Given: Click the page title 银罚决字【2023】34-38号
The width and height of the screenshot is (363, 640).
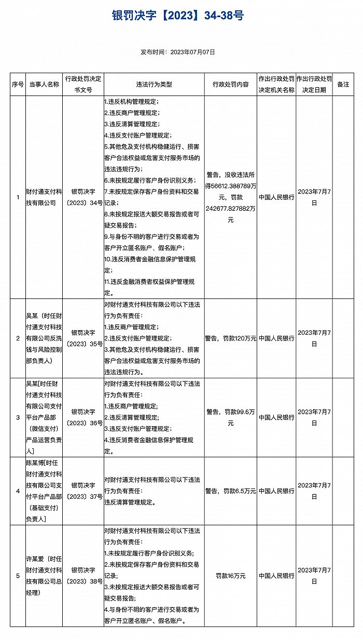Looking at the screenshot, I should (x=178, y=16).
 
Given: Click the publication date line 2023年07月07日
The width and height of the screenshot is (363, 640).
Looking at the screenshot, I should (x=178, y=52).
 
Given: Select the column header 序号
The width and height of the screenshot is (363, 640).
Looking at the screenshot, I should (x=18, y=85).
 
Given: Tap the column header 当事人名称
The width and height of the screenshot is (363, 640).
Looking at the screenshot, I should (x=44, y=85).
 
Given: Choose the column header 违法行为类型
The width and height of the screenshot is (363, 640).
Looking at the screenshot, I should (x=154, y=85).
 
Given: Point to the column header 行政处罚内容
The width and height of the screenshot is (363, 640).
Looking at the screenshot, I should (x=231, y=85).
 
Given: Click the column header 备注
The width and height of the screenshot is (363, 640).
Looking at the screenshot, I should (x=343, y=85).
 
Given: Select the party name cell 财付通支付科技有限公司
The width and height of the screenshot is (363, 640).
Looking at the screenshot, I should (x=44, y=197).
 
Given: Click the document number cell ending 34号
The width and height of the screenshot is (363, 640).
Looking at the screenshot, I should (x=83, y=197).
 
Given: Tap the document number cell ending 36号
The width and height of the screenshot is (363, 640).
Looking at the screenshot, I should (x=83, y=418).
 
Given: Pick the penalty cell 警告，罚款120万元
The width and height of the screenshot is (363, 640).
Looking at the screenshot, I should (x=231, y=338).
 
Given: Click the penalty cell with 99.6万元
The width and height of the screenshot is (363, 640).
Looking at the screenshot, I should (x=231, y=417).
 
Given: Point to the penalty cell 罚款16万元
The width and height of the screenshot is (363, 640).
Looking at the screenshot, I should (x=231, y=576).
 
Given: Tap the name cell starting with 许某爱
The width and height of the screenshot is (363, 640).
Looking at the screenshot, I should (x=44, y=576).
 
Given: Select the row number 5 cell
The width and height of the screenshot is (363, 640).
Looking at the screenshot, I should (x=18, y=576).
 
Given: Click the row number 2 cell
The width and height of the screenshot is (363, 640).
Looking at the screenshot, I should (x=18, y=338).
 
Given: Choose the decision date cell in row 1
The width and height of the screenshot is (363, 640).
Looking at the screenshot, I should (x=314, y=197).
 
